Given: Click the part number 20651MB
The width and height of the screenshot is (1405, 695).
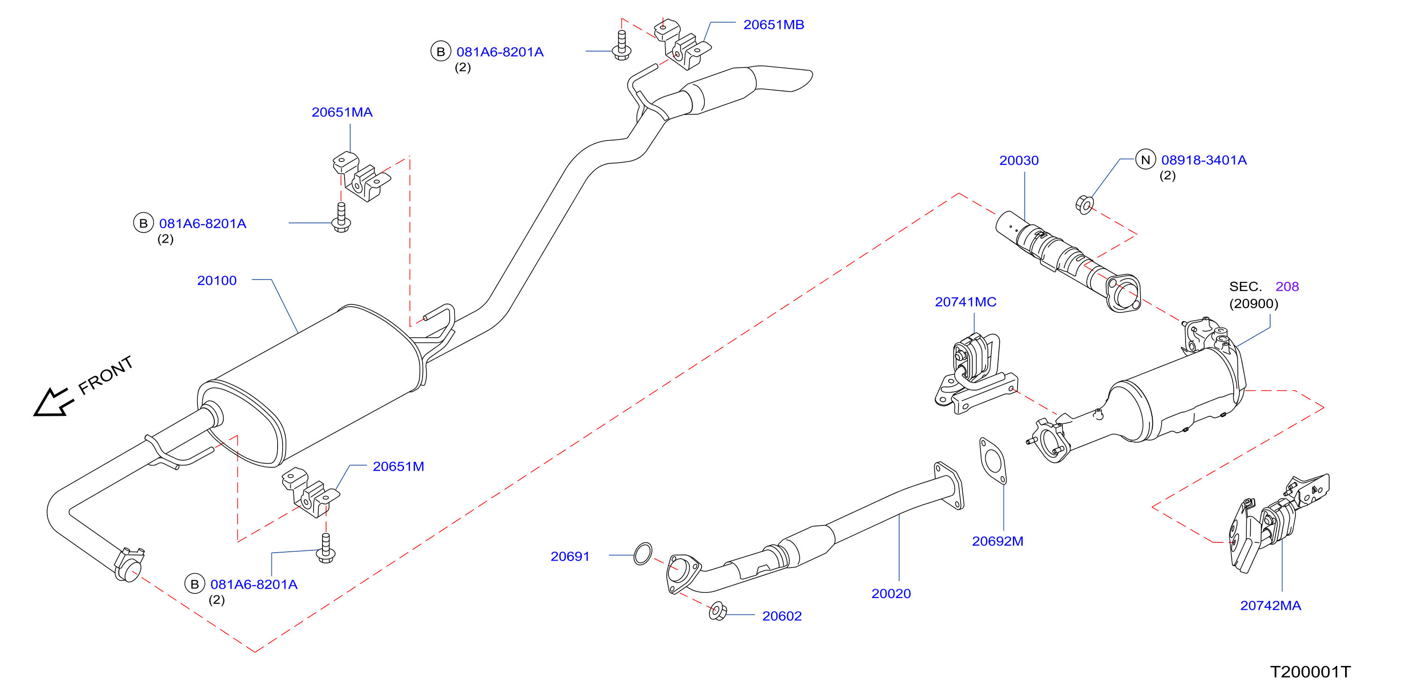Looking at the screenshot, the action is pyautogui.click(x=773, y=24).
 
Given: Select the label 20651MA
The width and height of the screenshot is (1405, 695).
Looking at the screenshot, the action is pyautogui.click(x=342, y=112).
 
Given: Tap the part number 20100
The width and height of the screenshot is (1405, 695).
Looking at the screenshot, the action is pyautogui.click(x=217, y=281).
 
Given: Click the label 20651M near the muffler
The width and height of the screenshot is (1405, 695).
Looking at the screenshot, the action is pyautogui.click(x=398, y=466).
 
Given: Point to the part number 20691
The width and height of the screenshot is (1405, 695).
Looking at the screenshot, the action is pyautogui.click(x=570, y=556).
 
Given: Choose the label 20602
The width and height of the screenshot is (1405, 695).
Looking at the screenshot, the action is pyautogui.click(x=782, y=616).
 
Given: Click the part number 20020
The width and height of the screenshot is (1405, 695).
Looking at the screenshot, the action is pyautogui.click(x=891, y=593).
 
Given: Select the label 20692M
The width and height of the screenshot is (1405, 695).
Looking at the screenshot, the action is pyautogui.click(x=997, y=541).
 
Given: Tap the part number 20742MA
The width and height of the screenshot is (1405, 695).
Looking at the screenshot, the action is pyautogui.click(x=1270, y=606).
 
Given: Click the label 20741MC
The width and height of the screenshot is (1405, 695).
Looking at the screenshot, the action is pyautogui.click(x=966, y=302).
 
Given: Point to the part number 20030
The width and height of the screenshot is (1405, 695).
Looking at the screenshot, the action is pyautogui.click(x=1019, y=161).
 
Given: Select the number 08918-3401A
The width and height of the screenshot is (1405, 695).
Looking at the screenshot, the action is pyautogui.click(x=1204, y=160).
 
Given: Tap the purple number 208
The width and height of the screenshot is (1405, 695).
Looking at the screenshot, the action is pyautogui.click(x=1287, y=287).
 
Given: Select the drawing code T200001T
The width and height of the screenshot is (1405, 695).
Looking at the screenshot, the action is pyautogui.click(x=1310, y=672).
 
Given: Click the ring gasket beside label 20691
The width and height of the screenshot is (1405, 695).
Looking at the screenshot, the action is pyautogui.click(x=643, y=554).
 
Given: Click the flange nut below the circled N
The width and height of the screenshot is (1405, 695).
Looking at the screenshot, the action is pyautogui.click(x=1084, y=205).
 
